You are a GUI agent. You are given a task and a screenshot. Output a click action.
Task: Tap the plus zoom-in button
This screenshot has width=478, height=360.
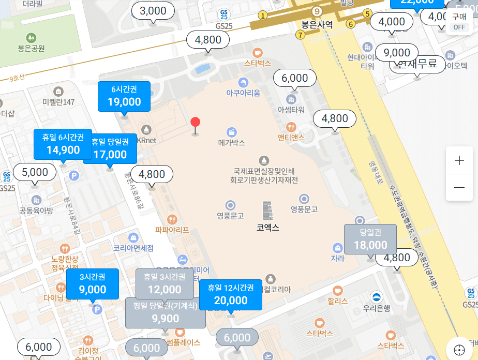(x=459, y=160)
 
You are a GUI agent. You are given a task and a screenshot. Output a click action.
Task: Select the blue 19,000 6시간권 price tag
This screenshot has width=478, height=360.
(x=124, y=97)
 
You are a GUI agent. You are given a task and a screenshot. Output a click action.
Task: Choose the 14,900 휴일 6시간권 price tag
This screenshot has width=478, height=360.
(x=63, y=144)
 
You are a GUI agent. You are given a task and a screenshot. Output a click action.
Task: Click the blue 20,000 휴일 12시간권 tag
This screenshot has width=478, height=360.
(x=231, y=295)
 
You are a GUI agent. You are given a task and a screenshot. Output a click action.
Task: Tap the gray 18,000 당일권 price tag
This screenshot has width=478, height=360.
(x=370, y=239)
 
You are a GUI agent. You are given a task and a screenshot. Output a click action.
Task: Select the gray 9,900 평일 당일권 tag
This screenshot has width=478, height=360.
(x=166, y=313)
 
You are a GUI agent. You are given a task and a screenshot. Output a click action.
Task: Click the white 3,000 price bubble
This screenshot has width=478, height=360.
(x=153, y=11)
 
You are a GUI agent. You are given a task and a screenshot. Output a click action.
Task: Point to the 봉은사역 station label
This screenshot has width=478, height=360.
(x=317, y=24)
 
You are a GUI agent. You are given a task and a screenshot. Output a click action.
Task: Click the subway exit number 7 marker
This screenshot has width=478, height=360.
(x=300, y=35)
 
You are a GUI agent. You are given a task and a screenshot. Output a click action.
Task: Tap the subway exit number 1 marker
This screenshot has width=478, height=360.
(x=263, y=16)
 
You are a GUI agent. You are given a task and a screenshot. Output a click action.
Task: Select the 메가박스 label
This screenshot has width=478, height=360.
(x=231, y=142)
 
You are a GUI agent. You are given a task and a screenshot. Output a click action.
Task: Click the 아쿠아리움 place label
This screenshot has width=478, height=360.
(x=243, y=93)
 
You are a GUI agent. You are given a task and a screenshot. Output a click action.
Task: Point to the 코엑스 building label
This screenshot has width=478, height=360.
(x=267, y=227)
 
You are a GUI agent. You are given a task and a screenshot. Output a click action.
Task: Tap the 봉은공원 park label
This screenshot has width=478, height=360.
(x=31, y=48)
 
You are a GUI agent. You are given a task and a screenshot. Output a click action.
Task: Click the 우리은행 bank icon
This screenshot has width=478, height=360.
(x=376, y=297)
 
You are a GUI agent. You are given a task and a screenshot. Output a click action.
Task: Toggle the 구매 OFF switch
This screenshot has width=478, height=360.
(x=459, y=22)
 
